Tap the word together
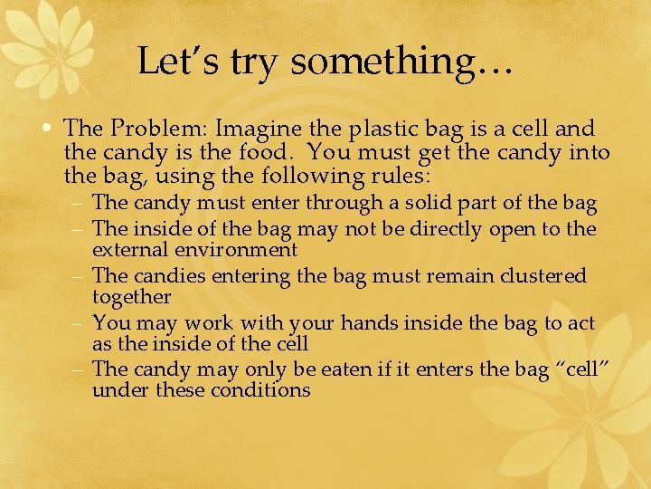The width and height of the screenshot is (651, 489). coord(132,297)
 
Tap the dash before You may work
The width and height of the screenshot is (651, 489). coord(80,322)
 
